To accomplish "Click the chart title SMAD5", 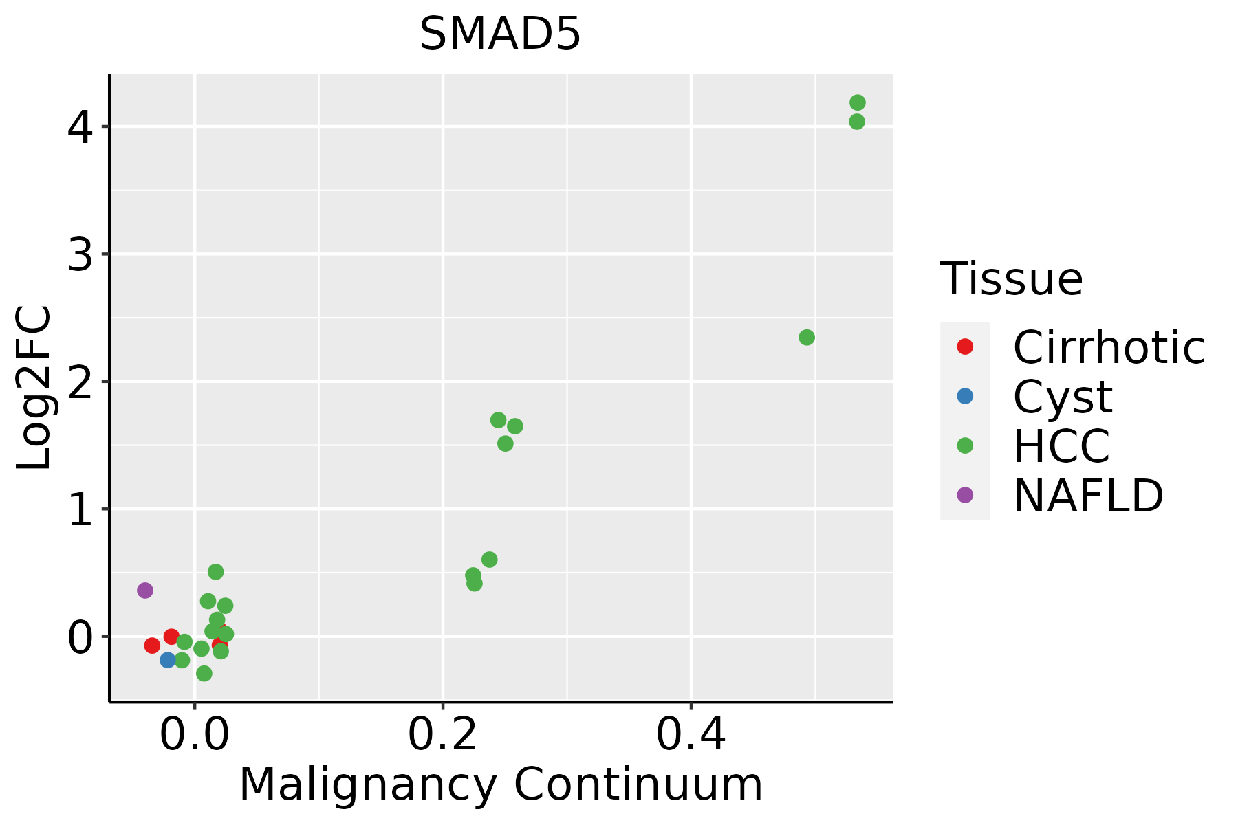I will pyautogui.click(x=500, y=34).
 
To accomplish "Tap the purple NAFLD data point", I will pyautogui.click(x=144, y=590).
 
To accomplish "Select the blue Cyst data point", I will pyautogui.click(x=168, y=660).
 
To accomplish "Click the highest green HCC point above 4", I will pyautogui.click(x=858, y=102).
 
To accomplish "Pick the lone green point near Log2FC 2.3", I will pyautogui.click(x=807, y=338).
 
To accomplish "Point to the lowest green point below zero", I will pyautogui.click(x=204, y=673).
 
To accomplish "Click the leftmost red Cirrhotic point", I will pyautogui.click(x=152, y=645).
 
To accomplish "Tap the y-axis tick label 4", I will pyautogui.click(x=80, y=127).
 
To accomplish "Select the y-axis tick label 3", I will pyautogui.click(x=80, y=254).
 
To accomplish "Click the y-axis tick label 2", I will pyautogui.click(x=80, y=382).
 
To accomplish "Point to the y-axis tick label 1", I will pyautogui.click(x=80, y=509).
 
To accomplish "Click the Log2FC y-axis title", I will pyautogui.click(x=34, y=388).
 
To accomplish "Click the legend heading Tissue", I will pyautogui.click(x=1011, y=279).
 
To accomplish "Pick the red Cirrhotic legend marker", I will pyautogui.click(x=965, y=346).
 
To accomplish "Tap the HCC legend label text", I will pyautogui.click(x=1061, y=445).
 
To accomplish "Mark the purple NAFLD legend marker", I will pyautogui.click(x=965, y=494).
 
